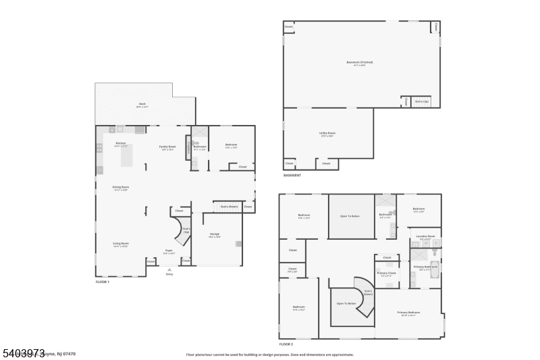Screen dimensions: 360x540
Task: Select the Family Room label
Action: click(167, 148)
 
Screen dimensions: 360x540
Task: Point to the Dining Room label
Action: click(121, 188)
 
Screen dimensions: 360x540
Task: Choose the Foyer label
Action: click(169, 253)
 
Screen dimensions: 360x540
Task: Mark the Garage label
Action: click(214, 235)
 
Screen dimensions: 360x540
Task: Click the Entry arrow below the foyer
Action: click(169, 270)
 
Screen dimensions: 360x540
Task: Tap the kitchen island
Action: click(128, 155)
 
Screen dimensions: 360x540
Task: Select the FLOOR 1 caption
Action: click(103, 282)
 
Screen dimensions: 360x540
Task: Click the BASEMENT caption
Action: click(292, 176)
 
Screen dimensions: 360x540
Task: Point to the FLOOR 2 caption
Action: click(287, 344)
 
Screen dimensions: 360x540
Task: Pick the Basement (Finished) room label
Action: click(360, 63)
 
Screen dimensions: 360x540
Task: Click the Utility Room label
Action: click(327, 134)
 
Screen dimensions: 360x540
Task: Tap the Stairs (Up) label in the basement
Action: click(421, 102)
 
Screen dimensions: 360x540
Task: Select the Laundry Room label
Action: click(425, 238)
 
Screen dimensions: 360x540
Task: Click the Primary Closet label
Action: click(387, 274)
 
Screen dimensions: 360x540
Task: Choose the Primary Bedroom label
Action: click(408, 313)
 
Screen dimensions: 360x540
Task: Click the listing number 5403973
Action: click(23, 353)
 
